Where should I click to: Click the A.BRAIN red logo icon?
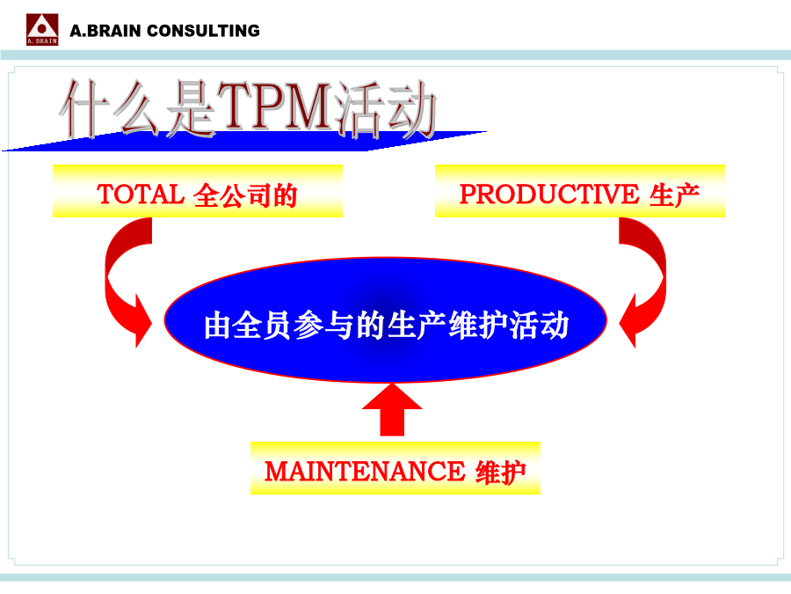42,29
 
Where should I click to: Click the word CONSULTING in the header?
203,31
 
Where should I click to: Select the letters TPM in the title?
277,106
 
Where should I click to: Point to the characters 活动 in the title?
387,110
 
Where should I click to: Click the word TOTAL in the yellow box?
141,194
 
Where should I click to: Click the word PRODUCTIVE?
549,194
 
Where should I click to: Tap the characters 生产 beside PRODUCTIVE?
674,195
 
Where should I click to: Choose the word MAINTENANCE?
365,472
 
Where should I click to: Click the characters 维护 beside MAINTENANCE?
501,473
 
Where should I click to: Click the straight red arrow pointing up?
392,409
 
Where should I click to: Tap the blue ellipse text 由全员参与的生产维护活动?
387,326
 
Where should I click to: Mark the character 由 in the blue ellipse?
218,326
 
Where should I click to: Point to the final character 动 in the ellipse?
555,326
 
